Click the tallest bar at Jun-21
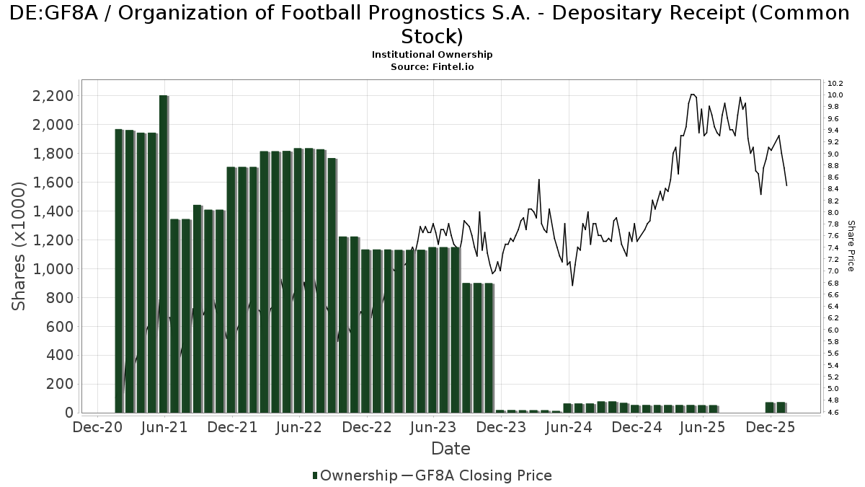(x=164, y=253)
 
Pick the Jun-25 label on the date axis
(x=701, y=427)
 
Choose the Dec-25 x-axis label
(x=769, y=427)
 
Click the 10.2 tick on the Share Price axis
(x=835, y=84)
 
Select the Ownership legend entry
(x=355, y=475)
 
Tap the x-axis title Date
(x=451, y=449)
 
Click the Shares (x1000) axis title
(x=19, y=246)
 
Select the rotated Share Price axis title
(x=851, y=246)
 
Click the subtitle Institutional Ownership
(x=432, y=55)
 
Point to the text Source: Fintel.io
(x=432, y=66)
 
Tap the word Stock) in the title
(x=432, y=36)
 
